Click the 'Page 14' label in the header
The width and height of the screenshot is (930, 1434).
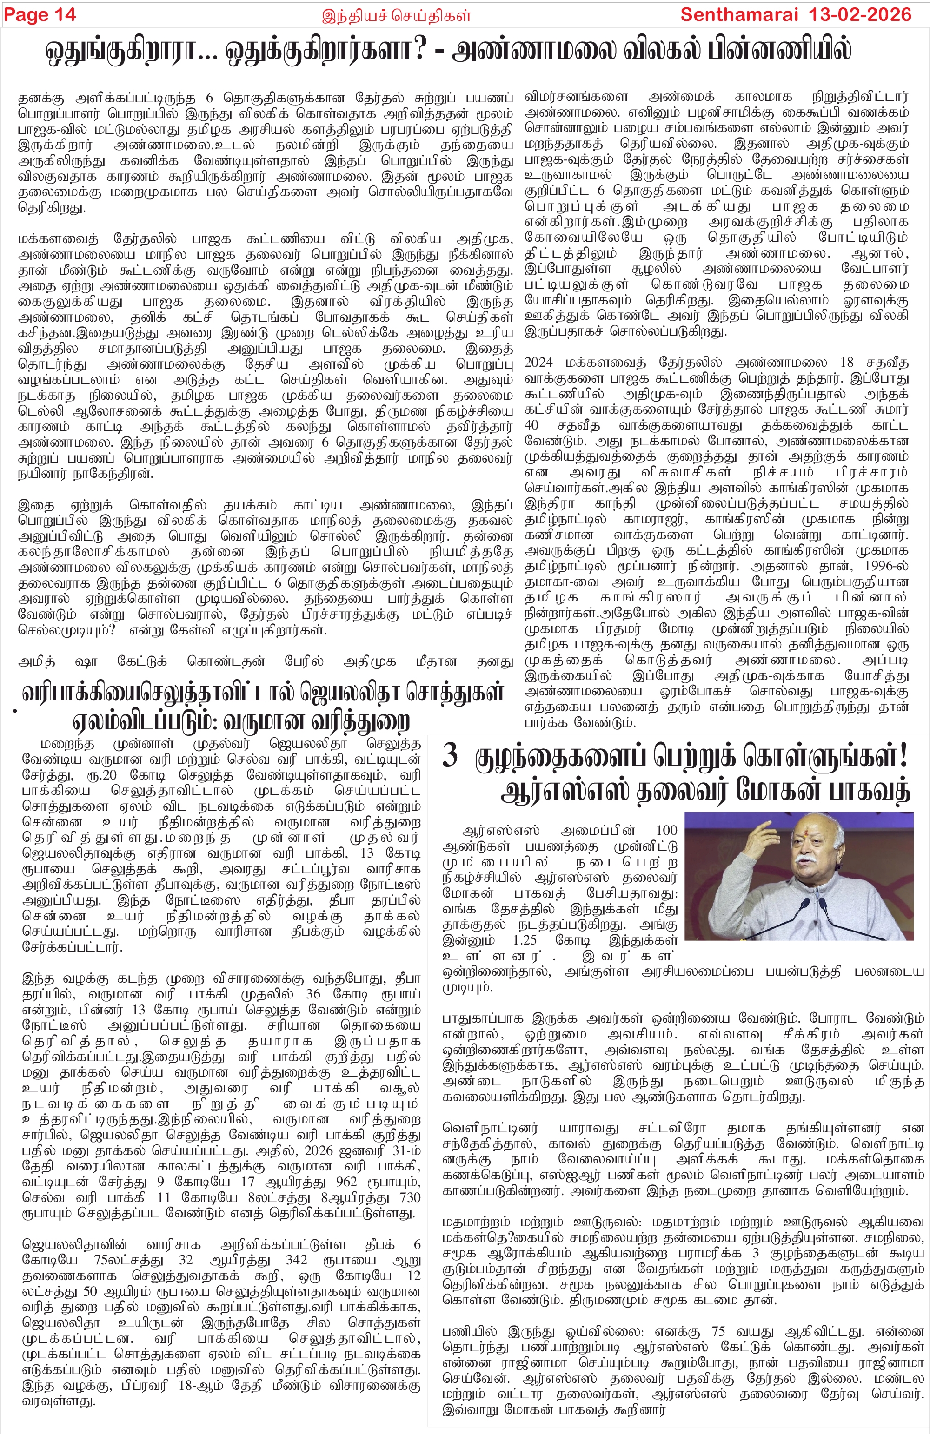pyautogui.click(x=40, y=14)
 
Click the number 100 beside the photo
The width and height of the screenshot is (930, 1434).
pyautogui.click(x=667, y=831)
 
